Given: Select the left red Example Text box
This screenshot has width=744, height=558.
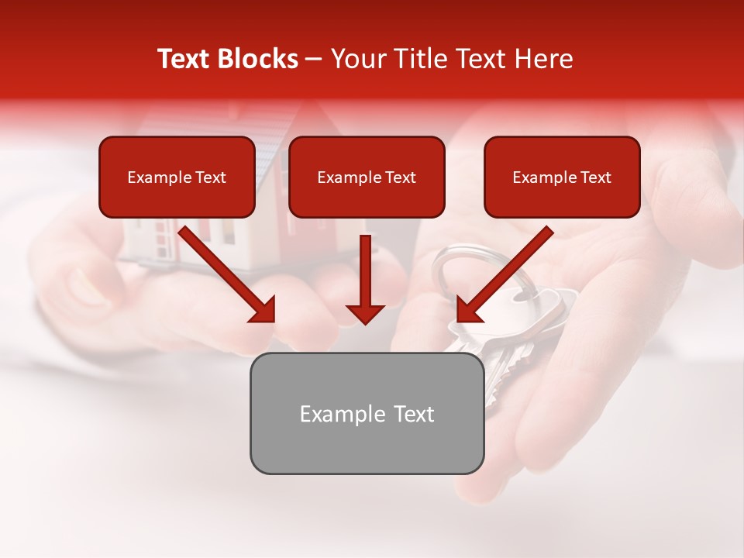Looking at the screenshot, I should pos(177,177).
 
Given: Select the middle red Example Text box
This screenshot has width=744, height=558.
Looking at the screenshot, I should pos(367,177).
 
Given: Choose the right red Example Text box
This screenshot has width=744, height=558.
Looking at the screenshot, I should pos(562,177).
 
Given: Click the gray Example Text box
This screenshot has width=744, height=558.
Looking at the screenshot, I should pos(367,413).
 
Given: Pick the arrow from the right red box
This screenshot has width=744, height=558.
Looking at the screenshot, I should pos(508,271).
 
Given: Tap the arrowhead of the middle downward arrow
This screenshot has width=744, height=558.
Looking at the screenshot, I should pos(365,312).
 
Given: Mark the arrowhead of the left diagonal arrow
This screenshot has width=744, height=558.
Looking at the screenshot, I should pos(263,310).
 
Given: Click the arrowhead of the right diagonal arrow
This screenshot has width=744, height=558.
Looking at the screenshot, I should pos(468,310).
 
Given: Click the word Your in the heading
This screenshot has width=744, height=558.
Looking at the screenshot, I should pos(358,59).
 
